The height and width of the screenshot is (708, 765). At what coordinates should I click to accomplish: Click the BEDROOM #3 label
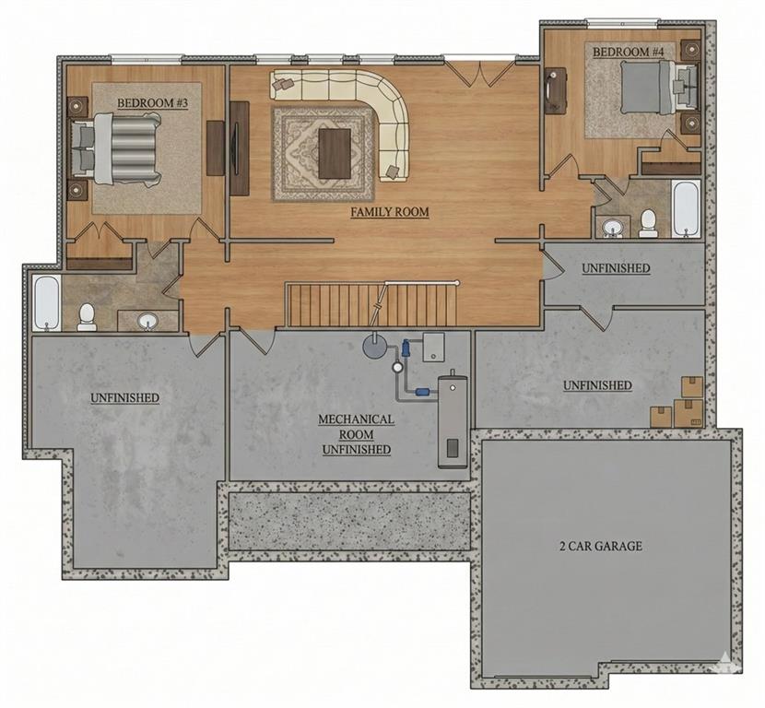pyautogui.click(x=152, y=103)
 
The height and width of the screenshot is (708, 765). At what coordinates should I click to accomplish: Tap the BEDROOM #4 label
pyautogui.click(x=629, y=53)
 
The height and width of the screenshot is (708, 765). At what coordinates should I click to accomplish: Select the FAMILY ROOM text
pyautogui.click(x=390, y=212)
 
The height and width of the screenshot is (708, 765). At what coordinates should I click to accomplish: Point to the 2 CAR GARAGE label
pyautogui.click(x=601, y=546)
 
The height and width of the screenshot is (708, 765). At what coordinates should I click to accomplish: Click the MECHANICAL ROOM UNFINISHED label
pyautogui.click(x=356, y=434)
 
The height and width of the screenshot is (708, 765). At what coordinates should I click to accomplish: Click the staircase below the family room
pyautogui.click(x=372, y=305)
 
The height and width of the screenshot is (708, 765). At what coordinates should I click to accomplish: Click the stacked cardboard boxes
pyautogui.click(x=679, y=405)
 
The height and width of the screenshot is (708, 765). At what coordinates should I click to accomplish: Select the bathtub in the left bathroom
pyautogui.click(x=46, y=303)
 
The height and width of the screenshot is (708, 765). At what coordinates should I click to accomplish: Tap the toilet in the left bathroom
pyautogui.click(x=87, y=316)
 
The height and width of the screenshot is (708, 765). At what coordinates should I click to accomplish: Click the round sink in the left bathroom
pyautogui.click(x=147, y=321)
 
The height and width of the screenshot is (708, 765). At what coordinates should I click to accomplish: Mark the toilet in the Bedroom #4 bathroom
pyautogui.click(x=648, y=222)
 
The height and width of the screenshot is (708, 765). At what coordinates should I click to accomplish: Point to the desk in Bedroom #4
pyautogui.click(x=556, y=91)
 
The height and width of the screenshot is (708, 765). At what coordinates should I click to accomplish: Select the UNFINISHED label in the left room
pyautogui.click(x=124, y=397)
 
